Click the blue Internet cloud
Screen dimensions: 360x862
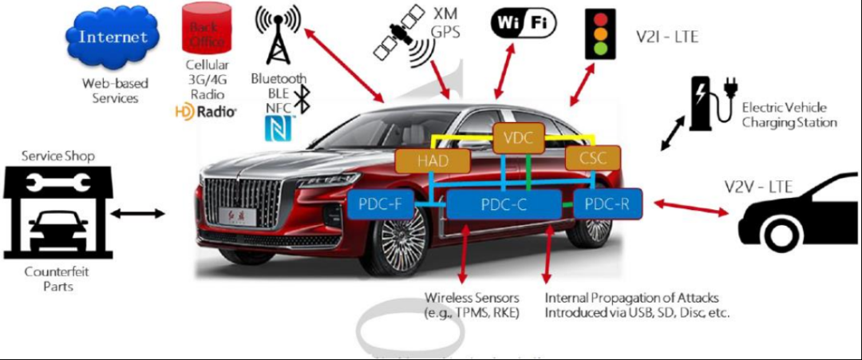pos(113,38)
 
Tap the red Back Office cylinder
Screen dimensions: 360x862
pos(204,30)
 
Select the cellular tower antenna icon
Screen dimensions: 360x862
pos(277,36)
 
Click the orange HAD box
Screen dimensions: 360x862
pos(433,160)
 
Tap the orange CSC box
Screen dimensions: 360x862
pos(592,157)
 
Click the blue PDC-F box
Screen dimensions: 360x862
pos(381,204)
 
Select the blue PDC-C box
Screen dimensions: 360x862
pos(504,204)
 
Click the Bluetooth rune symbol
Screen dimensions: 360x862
pos(302,100)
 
